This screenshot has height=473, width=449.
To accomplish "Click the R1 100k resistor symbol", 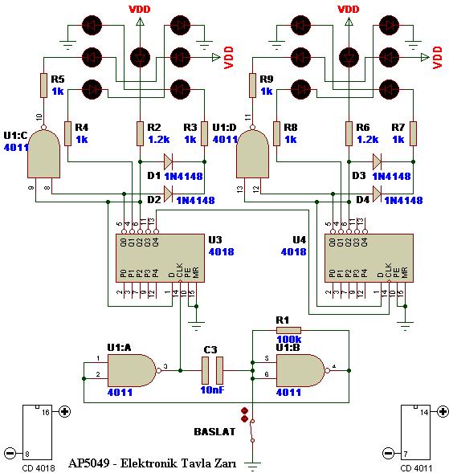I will [x=287, y=329].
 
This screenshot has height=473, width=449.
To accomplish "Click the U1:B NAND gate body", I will [x=300, y=370].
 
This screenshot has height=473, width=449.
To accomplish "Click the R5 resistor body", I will [x=44, y=85].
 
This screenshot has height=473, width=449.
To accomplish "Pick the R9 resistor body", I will [x=252, y=85].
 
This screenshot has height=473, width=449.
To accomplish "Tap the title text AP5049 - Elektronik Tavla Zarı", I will [x=149, y=463].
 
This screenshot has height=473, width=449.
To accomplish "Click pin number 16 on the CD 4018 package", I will [x=45, y=410].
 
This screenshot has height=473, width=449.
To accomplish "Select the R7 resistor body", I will [x=413, y=133].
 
